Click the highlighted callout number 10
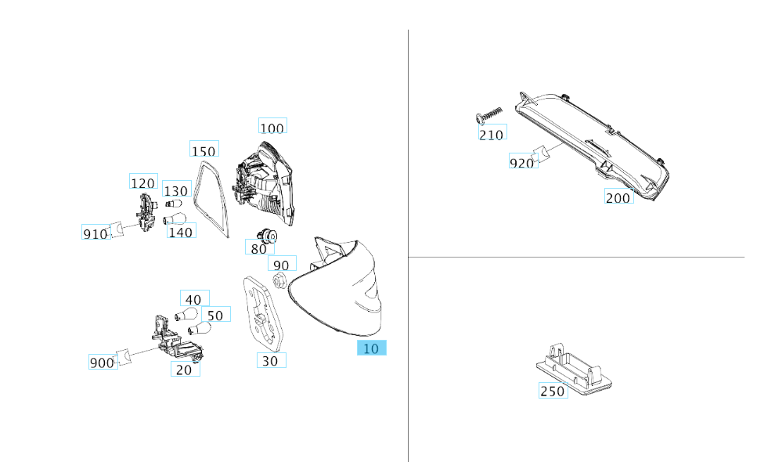coord(371,348)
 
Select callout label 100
coord(272,128)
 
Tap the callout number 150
coord(204,151)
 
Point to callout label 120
coord(142,183)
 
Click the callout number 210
coord(492,134)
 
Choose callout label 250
coord(552,391)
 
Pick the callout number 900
coord(102,363)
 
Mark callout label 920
coord(521,163)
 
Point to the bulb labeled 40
coord(186,315)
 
